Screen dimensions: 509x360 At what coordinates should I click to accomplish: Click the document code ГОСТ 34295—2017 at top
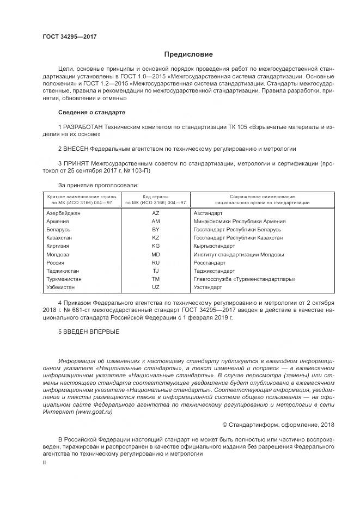[69, 36]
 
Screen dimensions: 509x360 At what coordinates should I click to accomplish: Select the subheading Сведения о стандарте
[91, 113]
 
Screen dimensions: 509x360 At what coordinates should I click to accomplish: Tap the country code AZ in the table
[156, 213]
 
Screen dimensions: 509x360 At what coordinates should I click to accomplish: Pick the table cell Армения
[58, 222]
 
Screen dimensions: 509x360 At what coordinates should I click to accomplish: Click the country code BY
[156, 230]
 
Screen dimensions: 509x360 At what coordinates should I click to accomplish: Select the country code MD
[156, 254]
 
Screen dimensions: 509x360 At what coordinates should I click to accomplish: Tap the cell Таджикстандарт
[214, 271]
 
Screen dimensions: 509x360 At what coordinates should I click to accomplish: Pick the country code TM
[156, 279]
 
